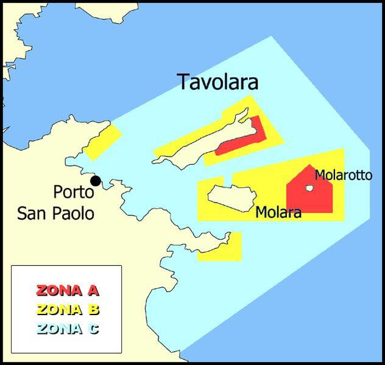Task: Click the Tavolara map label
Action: [217, 82]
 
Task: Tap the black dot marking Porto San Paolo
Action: [95, 181]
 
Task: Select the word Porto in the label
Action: [73, 192]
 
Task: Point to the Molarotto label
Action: [343, 175]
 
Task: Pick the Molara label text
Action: [278, 213]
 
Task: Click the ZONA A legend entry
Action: [67, 290]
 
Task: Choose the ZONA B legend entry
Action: [67, 310]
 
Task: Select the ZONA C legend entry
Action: [67, 329]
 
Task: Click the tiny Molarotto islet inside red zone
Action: [309, 189]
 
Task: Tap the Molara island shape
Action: [230, 196]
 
